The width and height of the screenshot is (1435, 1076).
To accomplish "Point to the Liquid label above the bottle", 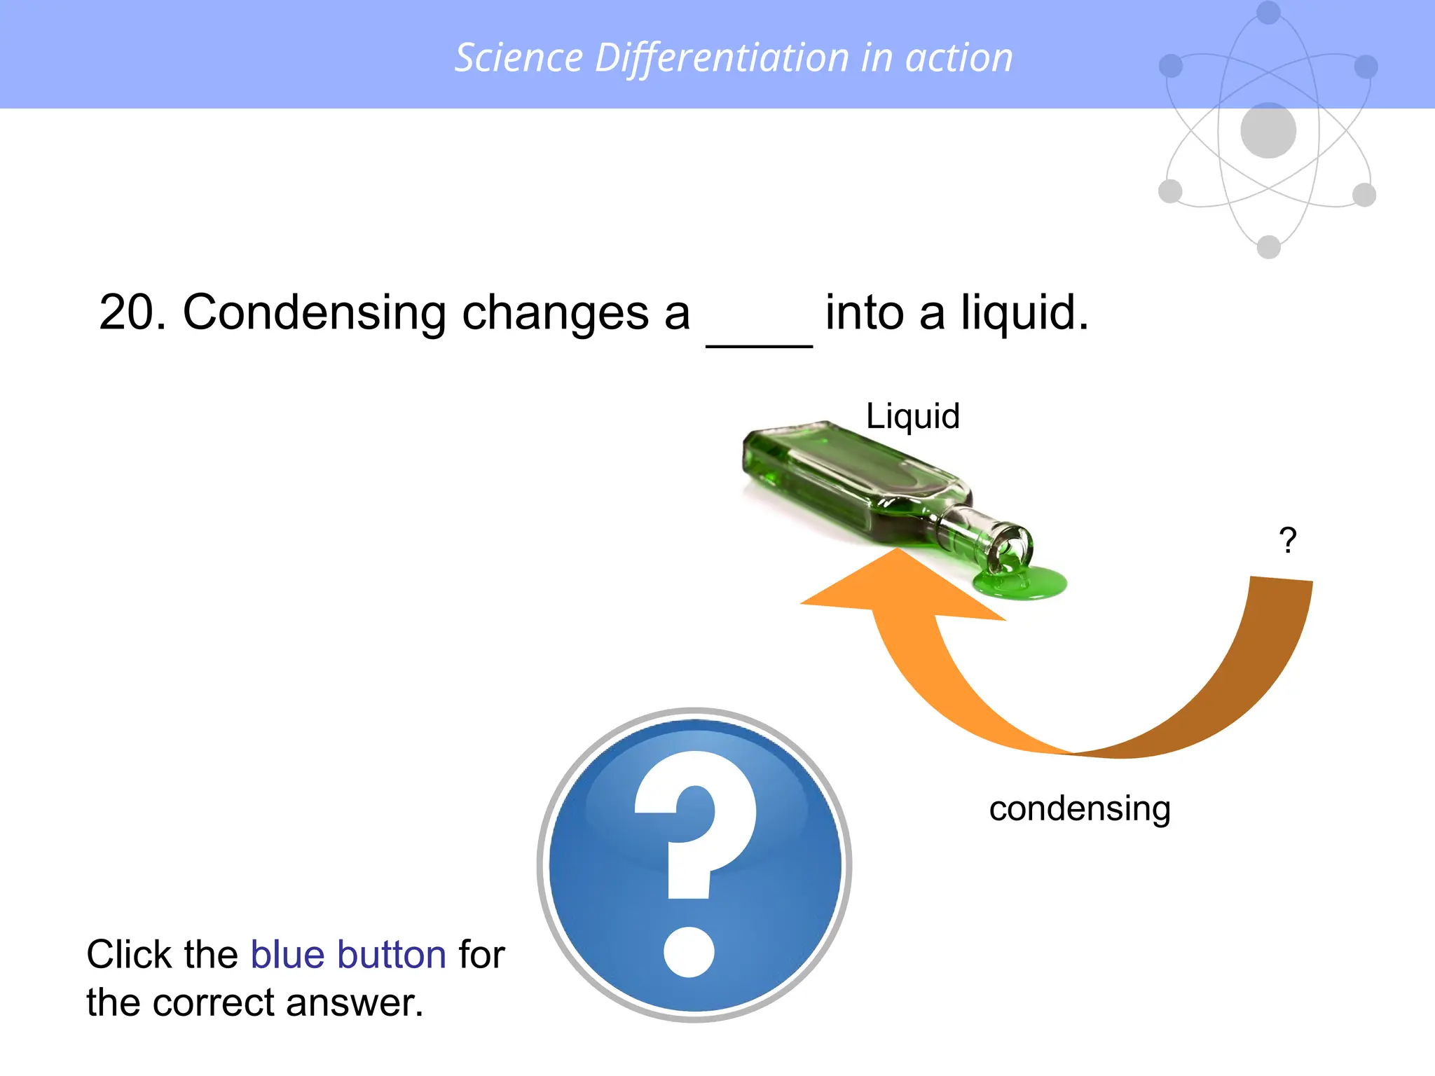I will tap(912, 416).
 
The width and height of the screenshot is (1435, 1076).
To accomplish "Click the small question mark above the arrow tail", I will tap(1287, 541).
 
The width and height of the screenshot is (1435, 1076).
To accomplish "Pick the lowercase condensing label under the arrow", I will tap(1079, 808).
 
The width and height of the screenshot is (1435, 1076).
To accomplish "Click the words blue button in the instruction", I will tap(348, 954).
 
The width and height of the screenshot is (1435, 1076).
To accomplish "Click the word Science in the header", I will tap(519, 57).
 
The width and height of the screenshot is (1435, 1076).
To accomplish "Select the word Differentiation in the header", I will tap(722, 57).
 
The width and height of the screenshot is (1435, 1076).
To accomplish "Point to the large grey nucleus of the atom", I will tap(1268, 131).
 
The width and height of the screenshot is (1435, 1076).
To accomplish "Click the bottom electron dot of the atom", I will tap(1269, 247).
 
